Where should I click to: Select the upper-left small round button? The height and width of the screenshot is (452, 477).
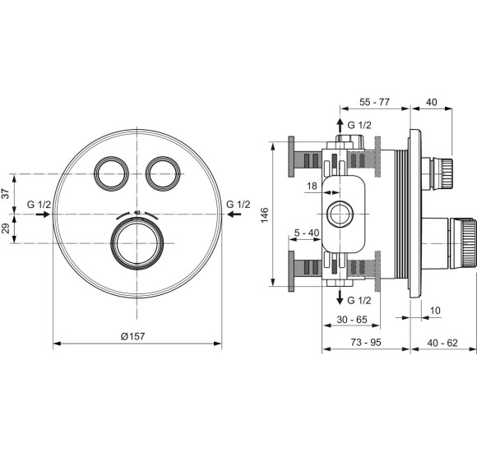[110, 173]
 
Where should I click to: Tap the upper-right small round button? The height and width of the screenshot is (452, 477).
[160, 173]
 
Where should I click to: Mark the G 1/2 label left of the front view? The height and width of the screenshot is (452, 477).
[39, 204]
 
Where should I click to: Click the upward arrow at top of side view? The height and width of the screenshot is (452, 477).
[338, 126]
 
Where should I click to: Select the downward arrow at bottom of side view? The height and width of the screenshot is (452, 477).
[338, 298]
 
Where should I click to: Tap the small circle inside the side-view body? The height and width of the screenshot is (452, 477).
[338, 215]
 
